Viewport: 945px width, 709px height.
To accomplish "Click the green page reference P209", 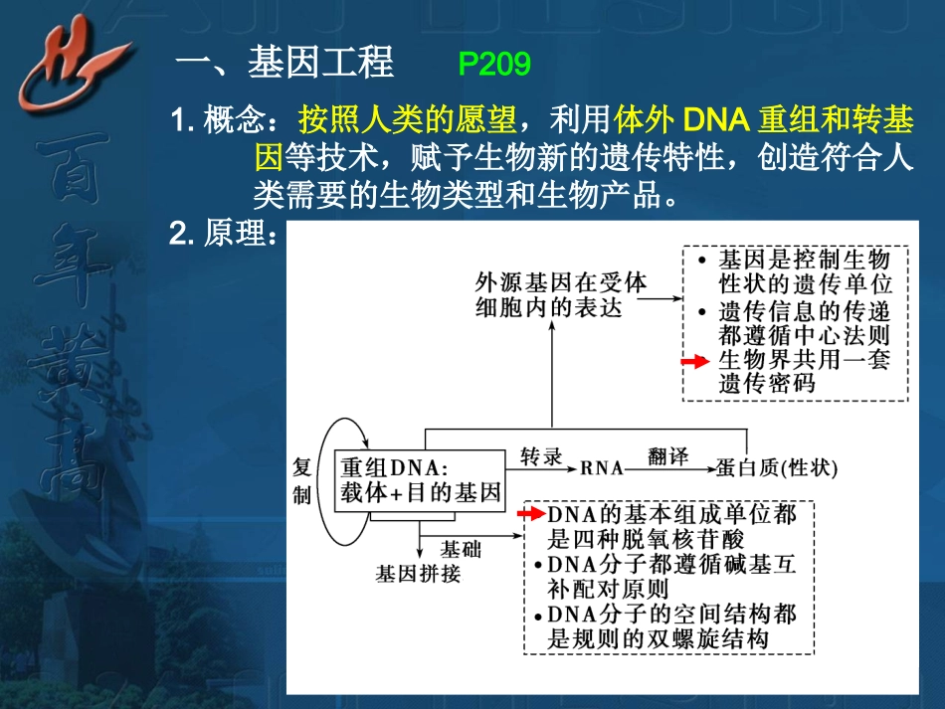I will click(494, 65).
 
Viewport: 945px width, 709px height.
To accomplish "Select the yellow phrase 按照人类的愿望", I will click(407, 121).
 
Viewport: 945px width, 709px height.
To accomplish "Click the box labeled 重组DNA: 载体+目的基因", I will click(419, 479).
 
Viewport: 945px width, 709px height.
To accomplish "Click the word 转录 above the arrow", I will click(541, 457).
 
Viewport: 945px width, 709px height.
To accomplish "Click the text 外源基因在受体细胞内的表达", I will click(560, 294).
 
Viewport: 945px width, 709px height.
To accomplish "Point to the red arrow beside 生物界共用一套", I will click(693, 363).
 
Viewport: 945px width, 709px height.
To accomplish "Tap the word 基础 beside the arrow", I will click(460, 548).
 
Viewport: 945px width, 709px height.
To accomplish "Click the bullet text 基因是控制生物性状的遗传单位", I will click(802, 271).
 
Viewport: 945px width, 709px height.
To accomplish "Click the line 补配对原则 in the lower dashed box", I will click(608, 589).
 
